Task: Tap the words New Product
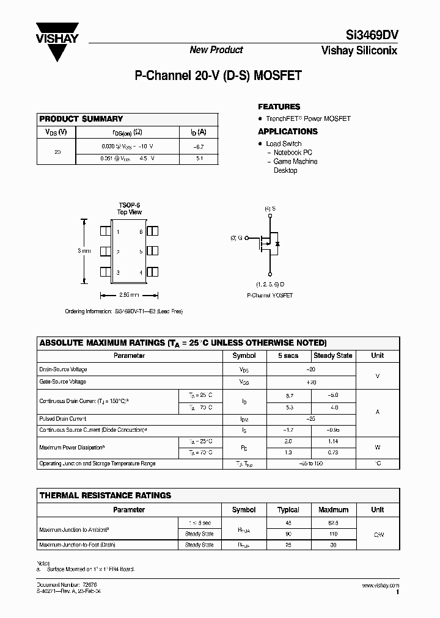(216, 50)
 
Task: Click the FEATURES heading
(279, 106)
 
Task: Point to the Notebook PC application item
(293, 152)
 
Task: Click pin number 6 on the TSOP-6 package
(141, 232)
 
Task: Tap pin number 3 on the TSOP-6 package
(117, 272)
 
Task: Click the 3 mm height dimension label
(84, 251)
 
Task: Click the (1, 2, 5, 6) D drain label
(269, 285)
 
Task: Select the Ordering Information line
(124, 311)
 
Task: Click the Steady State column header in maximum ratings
(332, 356)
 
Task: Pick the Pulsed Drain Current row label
(63, 420)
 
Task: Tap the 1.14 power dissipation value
(332, 441)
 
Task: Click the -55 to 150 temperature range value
(310, 463)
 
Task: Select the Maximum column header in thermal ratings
(333, 510)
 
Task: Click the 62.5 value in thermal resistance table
(333, 522)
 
